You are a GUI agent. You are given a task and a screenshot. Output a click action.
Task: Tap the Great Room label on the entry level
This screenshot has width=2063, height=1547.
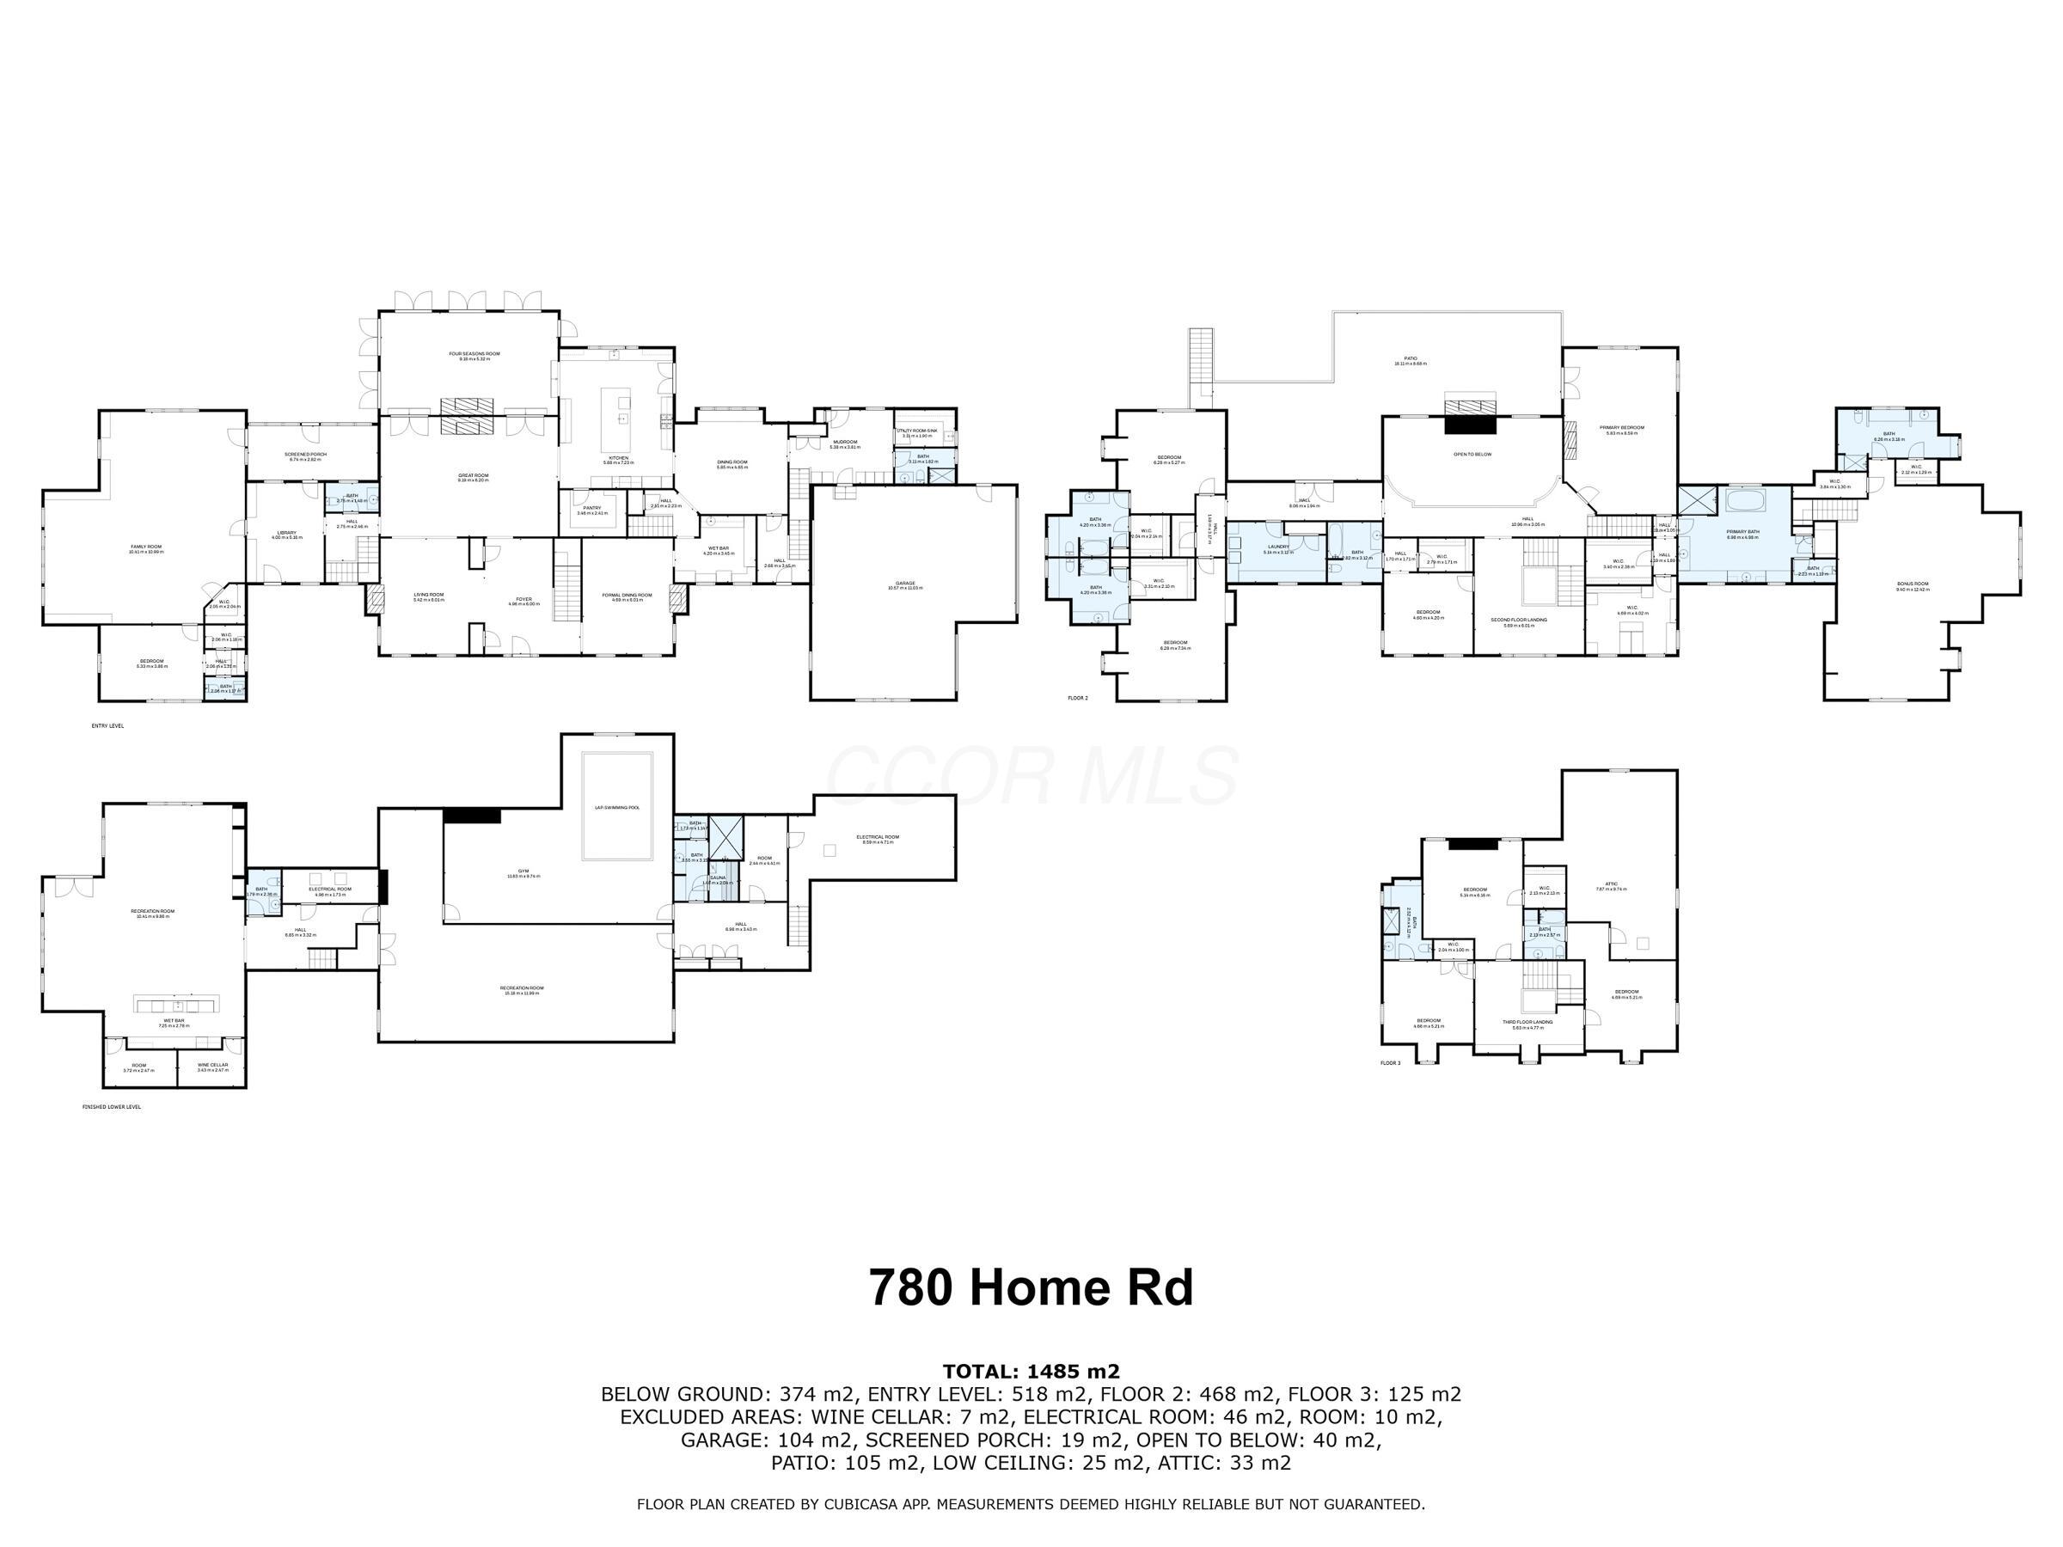click(x=473, y=475)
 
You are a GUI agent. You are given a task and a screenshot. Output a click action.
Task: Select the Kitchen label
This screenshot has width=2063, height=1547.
click(x=618, y=458)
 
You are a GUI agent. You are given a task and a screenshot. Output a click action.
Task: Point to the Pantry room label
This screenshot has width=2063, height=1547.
click(x=592, y=508)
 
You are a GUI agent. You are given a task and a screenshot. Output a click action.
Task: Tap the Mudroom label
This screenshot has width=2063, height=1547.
click(x=845, y=442)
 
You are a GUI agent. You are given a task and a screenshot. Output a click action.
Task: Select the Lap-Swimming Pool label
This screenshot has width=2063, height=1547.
click(x=617, y=808)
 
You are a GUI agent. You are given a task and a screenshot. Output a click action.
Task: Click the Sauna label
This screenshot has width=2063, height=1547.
click(x=717, y=877)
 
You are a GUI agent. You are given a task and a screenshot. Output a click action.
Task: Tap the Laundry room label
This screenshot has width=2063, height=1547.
click(x=1277, y=547)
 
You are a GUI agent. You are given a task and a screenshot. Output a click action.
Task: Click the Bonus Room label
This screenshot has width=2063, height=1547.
click(x=1912, y=584)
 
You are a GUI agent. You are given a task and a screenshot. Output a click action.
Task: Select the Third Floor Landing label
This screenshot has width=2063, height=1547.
click(x=1527, y=1022)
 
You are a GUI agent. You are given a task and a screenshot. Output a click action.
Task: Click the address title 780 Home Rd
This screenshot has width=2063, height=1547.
click(x=1031, y=1287)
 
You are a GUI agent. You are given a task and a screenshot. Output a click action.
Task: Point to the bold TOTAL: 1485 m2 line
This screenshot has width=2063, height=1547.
click(x=1031, y=1372)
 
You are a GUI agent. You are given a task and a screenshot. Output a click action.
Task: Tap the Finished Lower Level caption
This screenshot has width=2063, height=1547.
click(x=112, y=1107)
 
